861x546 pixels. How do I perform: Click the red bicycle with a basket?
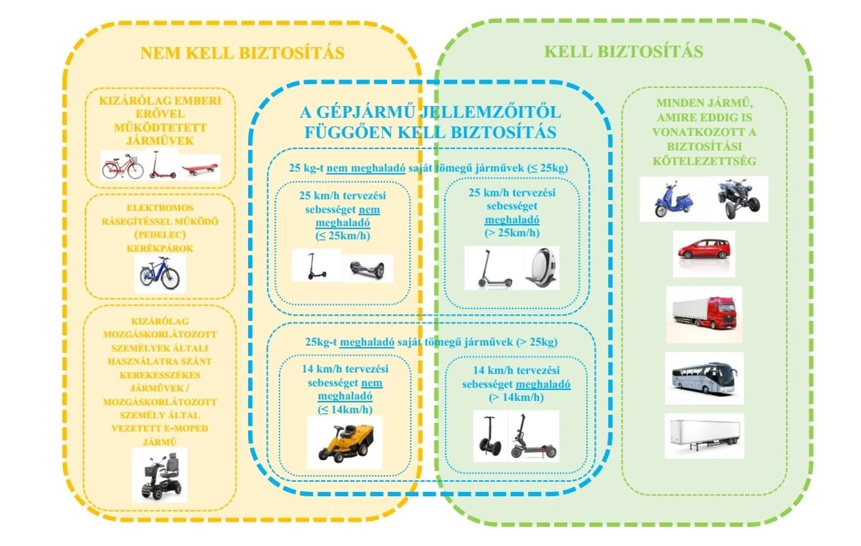coord(123,166)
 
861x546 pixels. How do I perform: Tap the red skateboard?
coord(200,168)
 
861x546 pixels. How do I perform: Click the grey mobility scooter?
coord(160,476)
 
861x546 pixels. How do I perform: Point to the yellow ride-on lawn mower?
coord(345,442)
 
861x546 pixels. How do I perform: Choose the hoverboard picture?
coord(367,269)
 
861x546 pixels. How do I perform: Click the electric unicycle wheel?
coord(541,268)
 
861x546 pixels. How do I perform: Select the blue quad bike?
coord(739,199)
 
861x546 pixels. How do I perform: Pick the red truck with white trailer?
coord(705,314)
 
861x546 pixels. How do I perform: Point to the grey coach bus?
coord(705,378)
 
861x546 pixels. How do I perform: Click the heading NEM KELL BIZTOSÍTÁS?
coord(242,53)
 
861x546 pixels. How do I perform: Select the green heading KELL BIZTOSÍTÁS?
coord(623,52)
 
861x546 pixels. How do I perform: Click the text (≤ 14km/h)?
coord(345,410)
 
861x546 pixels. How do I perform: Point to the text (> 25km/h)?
coord(512,233)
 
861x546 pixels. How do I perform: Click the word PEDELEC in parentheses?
coord(160,235)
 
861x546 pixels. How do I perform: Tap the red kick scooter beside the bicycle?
coord(162,165)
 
